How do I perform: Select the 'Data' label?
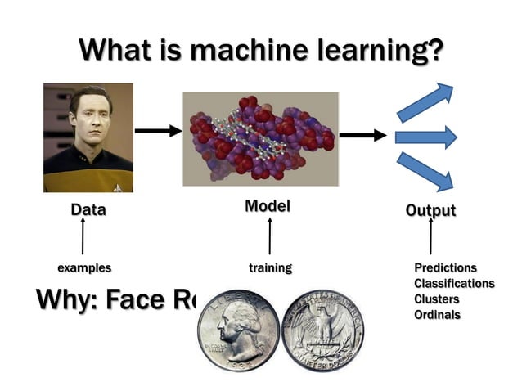(x=88, y=209)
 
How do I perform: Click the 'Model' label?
(x=268, y=207)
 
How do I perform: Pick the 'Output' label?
(x=430, y=210)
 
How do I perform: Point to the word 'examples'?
(x=84, y=267)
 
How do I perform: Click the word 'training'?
(x=270, y=267)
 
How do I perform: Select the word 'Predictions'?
(x=445, y=267)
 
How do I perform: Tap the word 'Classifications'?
(x=454, y=283)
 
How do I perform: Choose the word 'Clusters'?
(x=436, y=299)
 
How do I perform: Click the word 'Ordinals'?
(x=437, y=314)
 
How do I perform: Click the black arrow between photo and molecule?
(x=158, y=130)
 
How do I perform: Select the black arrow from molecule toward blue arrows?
(x=362, y=135)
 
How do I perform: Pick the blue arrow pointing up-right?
(x=425, y=101)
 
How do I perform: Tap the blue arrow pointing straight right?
(x=425, y=137)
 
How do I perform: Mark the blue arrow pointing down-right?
(x=425, y=171)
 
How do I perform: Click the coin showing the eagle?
(x=322, y=330)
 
